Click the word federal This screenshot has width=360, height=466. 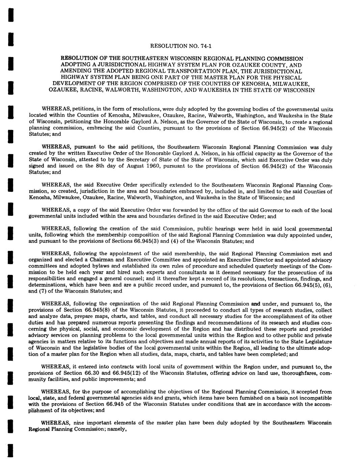click(x=74, y=398)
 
